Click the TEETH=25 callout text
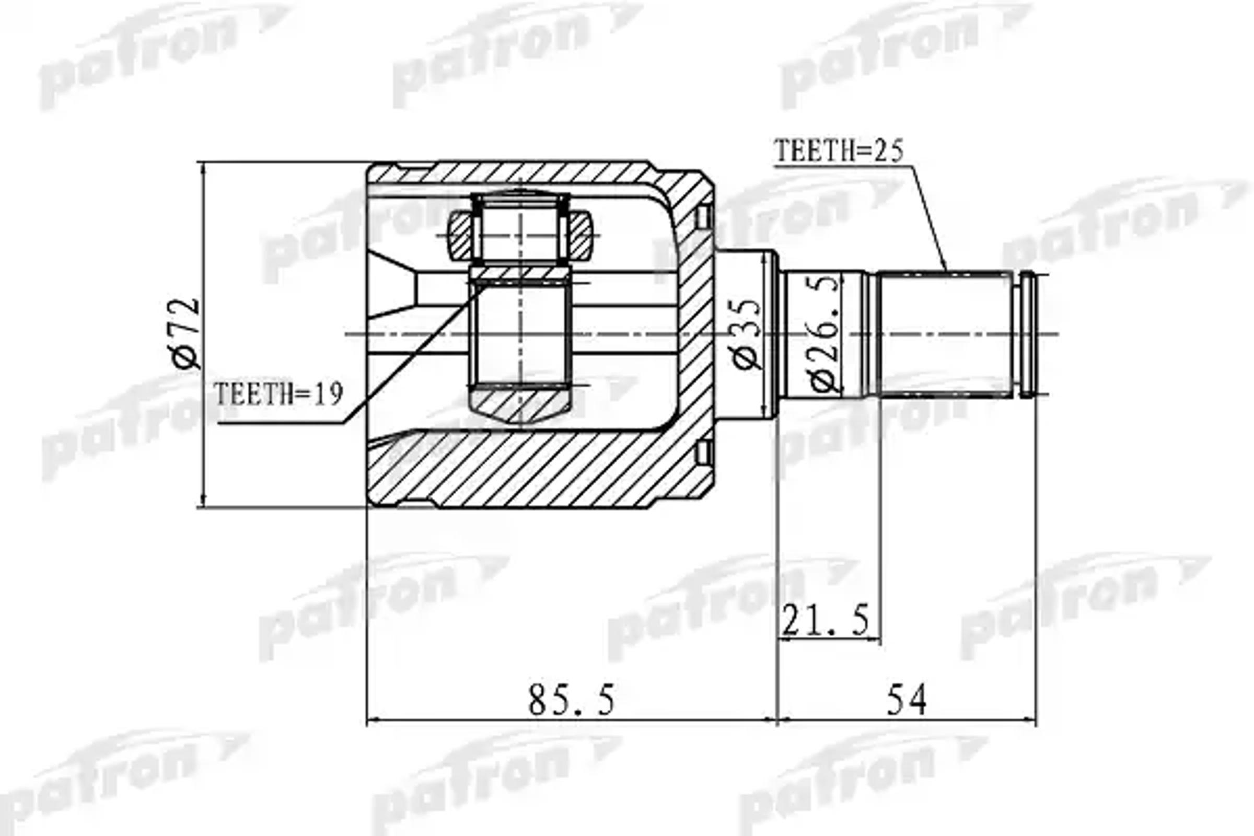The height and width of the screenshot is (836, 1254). tap(838, 151)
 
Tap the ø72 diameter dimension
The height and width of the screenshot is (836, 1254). tap(186, 333)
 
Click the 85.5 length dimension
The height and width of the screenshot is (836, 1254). tap(572, 700)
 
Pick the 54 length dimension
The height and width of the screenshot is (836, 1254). tap(907, 700)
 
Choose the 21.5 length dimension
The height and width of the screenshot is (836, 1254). tap(826, 620)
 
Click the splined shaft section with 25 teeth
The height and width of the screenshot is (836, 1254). tap(945, 334)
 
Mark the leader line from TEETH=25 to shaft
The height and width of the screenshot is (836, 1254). tap(931, 218)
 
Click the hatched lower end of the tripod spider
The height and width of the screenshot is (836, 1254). tap(520, 405)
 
